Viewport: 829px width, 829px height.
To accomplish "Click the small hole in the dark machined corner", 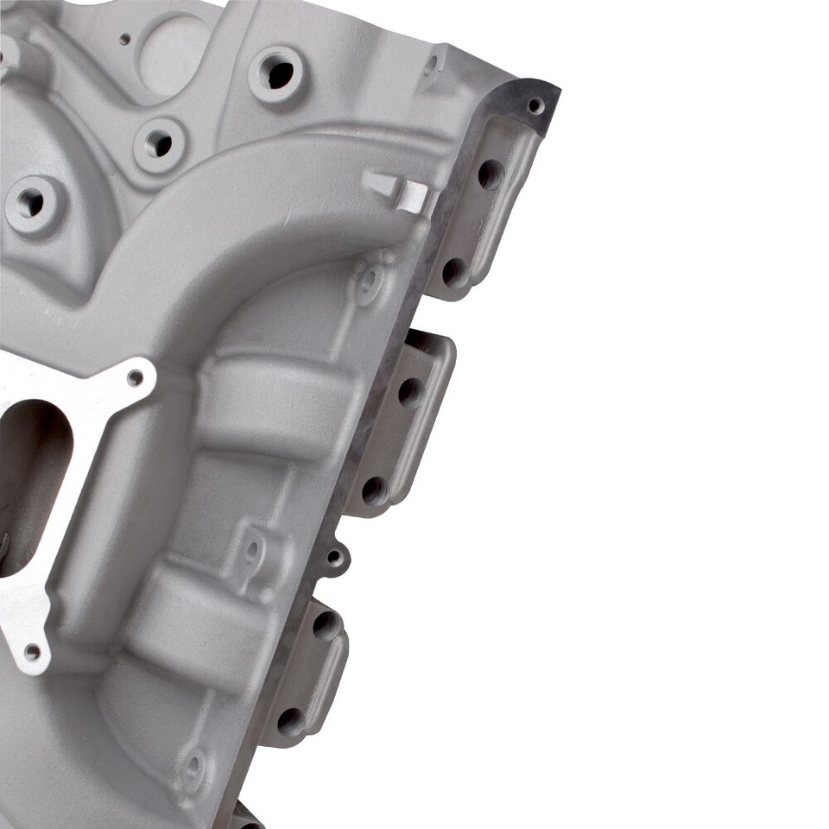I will (535, 105).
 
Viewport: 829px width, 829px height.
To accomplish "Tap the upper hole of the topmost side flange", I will (490, 174).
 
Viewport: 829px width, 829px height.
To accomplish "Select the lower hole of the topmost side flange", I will (453, 271).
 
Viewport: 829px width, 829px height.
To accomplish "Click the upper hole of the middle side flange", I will (409, 392).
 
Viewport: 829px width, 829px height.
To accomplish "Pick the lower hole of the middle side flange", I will (374, 490).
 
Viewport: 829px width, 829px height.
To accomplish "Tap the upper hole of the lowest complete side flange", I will (326, 623).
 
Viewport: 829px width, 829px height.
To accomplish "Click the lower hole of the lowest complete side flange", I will (289, 718).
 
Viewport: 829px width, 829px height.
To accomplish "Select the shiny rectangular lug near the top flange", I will (402, 192).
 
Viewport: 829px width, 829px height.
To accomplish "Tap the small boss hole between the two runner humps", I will (253, 549).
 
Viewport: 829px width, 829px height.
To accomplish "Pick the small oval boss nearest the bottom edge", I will (193, 766).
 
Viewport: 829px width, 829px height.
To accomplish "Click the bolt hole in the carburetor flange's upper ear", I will (135, 377).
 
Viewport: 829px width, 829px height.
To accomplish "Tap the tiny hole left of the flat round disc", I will (124, 39).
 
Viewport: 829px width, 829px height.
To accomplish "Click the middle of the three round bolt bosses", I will (161, 143).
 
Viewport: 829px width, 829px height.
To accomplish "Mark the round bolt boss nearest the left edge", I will (33, 204).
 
